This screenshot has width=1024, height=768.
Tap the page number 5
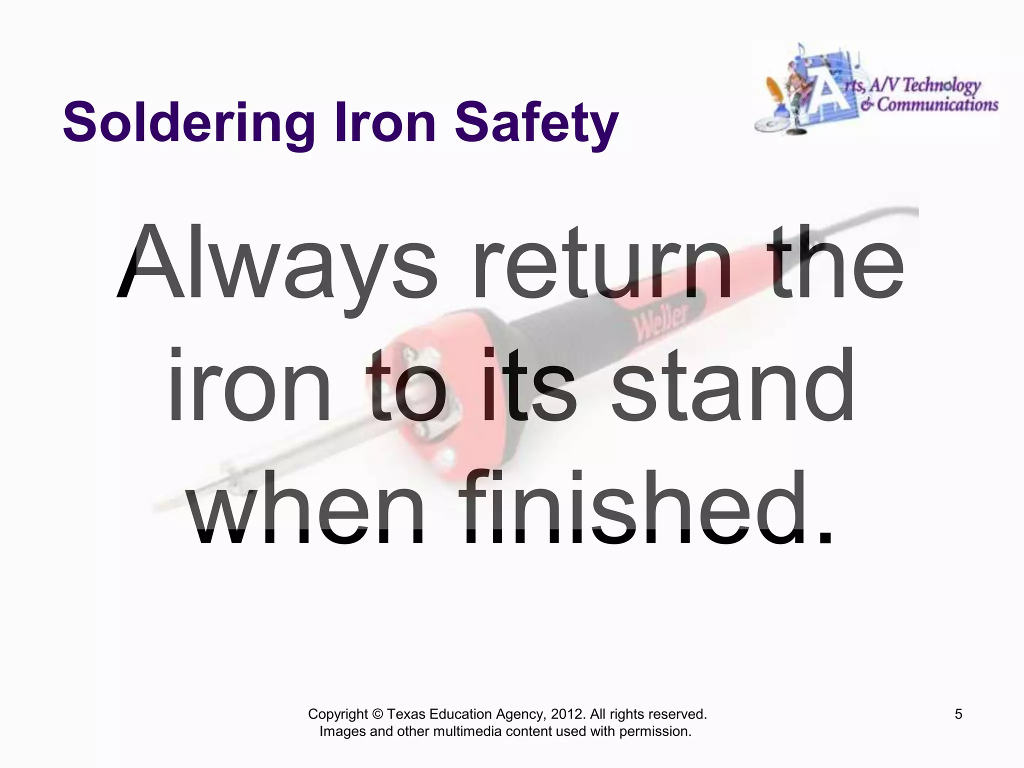click(x=958, y=714)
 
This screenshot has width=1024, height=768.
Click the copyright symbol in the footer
click(x=377, y=714)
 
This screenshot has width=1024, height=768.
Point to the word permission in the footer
click(x=655, y=731)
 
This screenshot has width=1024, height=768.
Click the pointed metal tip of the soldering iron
click(x=165, y=505)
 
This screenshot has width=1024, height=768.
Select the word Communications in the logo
click(x=937, y=105)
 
